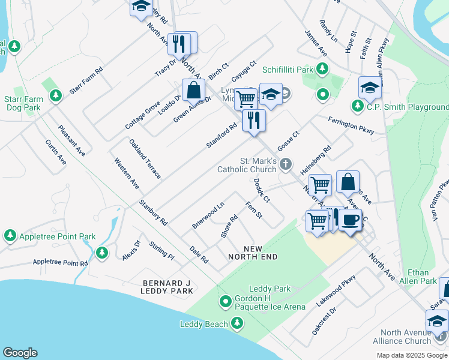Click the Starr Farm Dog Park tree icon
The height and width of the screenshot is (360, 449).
[56, 95]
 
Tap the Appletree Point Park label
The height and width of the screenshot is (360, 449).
[57, 237]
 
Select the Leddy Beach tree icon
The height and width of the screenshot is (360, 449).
[238, 324]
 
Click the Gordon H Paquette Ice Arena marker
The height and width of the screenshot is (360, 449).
[226, 301]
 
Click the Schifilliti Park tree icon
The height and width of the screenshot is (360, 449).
[322, 70]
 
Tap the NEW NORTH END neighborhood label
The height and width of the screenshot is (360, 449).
[252, 253]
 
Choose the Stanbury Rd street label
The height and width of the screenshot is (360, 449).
[152, 212]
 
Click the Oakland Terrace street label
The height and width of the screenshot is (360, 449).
[145, 159]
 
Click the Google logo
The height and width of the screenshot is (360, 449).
[20, 353]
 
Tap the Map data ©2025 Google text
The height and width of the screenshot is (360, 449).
[411, 355]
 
